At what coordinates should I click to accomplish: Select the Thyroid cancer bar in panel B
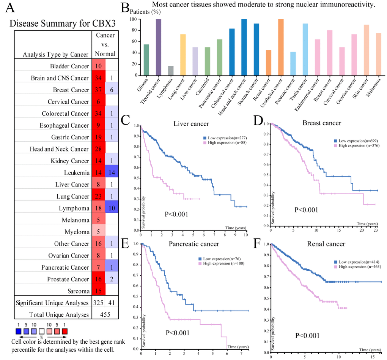159,47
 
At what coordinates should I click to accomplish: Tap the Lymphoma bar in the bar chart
171,71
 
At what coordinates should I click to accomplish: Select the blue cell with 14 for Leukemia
112,173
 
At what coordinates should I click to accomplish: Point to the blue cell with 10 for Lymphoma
112,208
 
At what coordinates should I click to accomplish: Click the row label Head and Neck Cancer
60,149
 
